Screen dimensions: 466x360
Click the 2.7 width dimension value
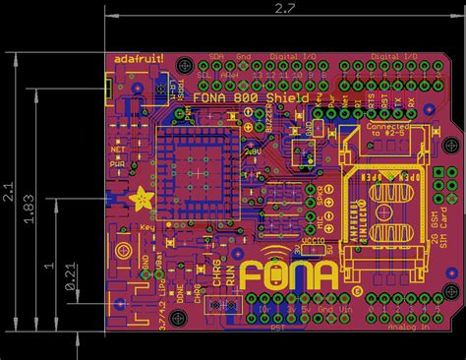[284, 9]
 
